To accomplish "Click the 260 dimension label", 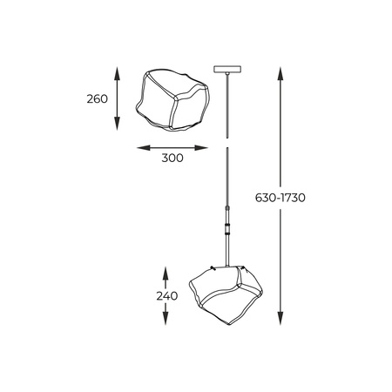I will (x=98, y=99).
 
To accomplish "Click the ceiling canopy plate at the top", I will (x=226, y=70).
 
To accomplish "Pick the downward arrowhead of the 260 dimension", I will (x=117, y=127).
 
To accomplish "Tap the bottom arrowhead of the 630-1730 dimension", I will (x=280, y=322).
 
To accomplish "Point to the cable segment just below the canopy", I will (x=226, y=100).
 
